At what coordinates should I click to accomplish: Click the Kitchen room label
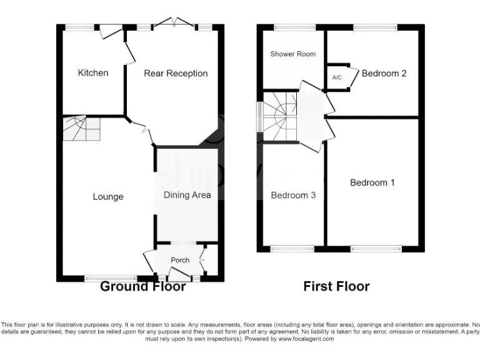92,73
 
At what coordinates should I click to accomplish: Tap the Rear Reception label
176,74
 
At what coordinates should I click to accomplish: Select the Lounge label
108,197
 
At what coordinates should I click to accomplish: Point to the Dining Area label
187,195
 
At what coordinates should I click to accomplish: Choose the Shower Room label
292,54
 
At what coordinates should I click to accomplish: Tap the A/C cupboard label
337,77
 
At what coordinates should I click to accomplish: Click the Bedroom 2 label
384,74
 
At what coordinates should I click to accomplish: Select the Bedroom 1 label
372,183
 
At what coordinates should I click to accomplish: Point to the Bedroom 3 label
292,196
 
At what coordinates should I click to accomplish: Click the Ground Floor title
143,287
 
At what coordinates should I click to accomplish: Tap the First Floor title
336,287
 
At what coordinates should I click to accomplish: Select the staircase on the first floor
279,117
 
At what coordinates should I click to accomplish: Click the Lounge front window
111,277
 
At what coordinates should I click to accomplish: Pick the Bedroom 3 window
292,249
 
